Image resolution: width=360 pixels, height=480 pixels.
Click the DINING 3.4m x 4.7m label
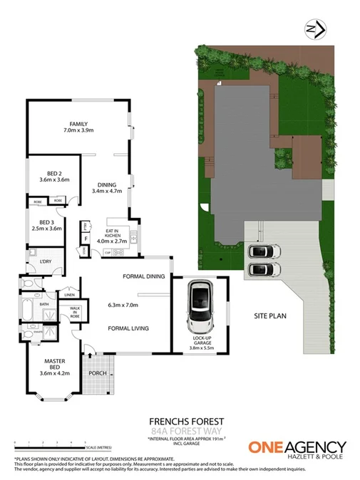click(x=108, y=187)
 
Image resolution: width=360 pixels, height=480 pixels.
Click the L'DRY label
click(x=46, y=262)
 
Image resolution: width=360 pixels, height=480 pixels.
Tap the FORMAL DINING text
click(x=144, y=276)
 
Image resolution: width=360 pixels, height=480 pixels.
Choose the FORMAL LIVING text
click(x=128, y=328)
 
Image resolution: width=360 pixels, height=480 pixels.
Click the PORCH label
click(x=98, y=373)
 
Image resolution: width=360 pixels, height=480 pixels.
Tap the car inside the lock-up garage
click(x=200, y=306)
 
